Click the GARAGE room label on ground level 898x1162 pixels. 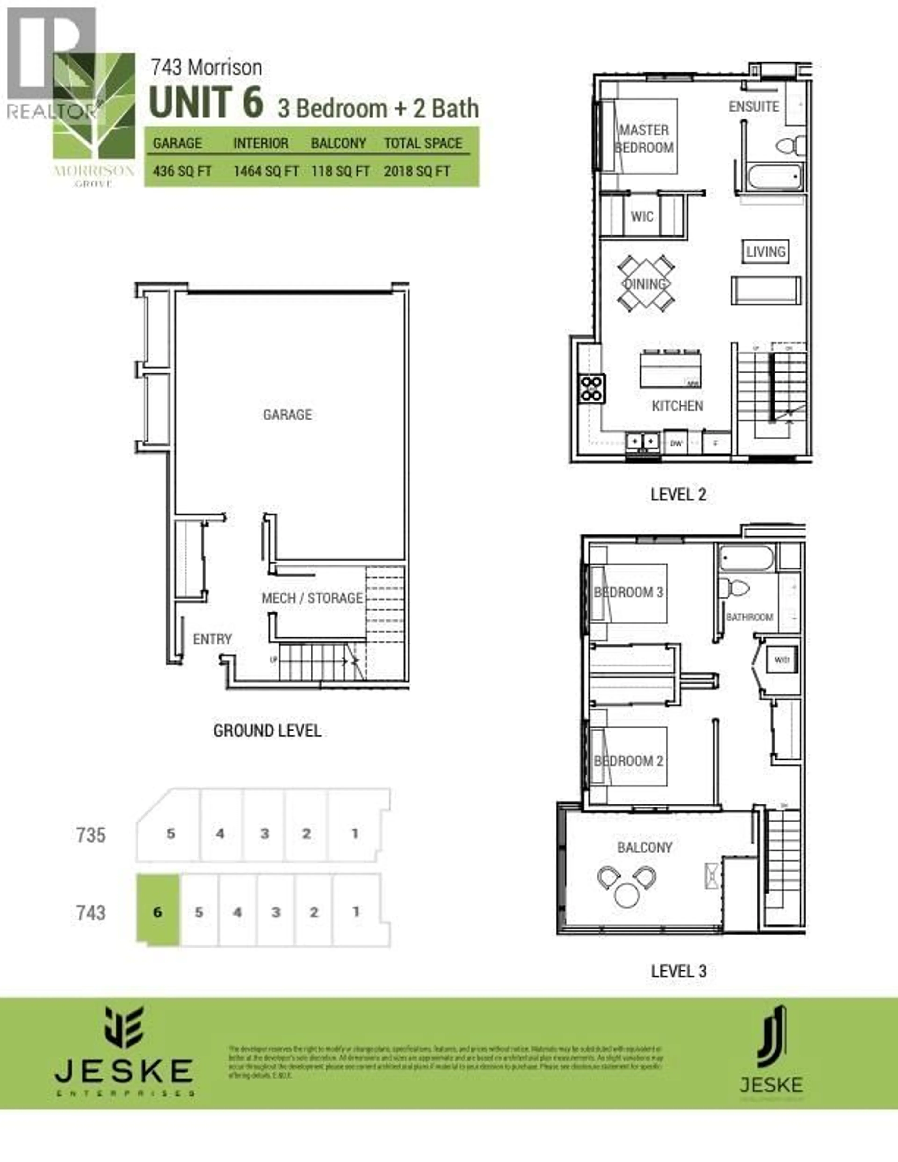(x=287, y=414)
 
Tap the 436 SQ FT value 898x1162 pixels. (x=182, y=171)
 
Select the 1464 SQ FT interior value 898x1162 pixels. (x=265, y=171)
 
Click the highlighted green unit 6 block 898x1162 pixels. (x=157, y=912)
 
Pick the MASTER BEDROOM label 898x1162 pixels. (x=644, y=139)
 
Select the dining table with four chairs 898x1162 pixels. (x=645, y=284)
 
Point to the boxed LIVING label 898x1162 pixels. (x=765, y=252)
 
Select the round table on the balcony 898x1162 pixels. (x=627, y=895)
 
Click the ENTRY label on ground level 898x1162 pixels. (x=212, y=639)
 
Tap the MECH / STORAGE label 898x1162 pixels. (x=312, y=598)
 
